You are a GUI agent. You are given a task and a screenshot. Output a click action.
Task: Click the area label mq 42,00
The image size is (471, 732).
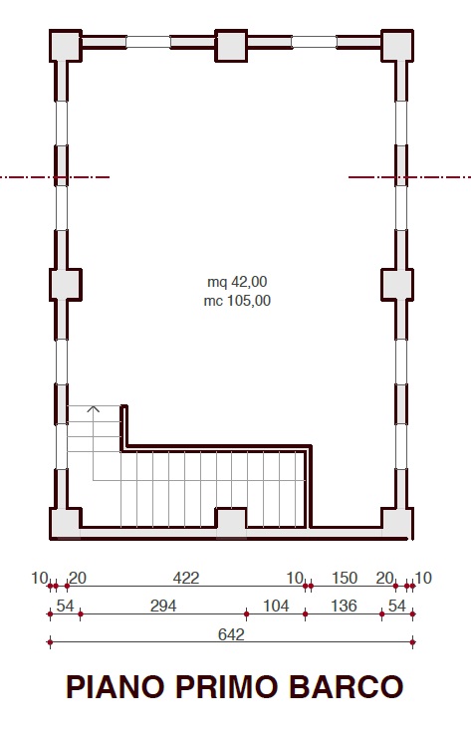(x=237, y=282)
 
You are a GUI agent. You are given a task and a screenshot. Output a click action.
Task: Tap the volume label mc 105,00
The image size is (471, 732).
(x=237, y=300)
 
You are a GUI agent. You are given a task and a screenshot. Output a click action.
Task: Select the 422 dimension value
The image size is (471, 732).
(x=186, y=578)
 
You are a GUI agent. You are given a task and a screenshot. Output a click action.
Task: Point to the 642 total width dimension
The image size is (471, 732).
(x=231, y=634)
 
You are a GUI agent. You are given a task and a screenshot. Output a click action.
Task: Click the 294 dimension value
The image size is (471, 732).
(x=163, y=606)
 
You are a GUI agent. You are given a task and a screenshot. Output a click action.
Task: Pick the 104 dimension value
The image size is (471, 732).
(x=276, y=606)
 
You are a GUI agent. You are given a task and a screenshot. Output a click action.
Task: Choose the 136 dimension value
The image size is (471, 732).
(x=344, y=606)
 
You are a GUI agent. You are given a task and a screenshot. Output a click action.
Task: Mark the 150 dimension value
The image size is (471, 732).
(x=345, y=578)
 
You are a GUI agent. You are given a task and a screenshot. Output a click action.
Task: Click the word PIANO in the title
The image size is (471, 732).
(x=116, y=687)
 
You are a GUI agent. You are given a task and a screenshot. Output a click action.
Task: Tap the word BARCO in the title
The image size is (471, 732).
(x=346, y=687)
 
